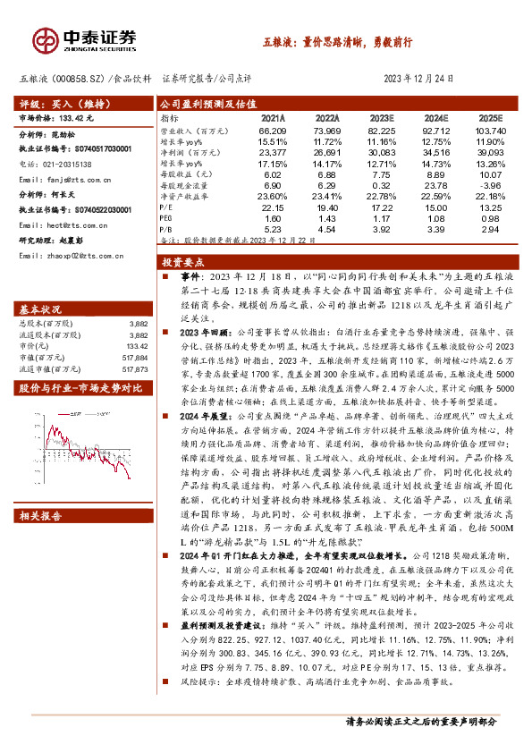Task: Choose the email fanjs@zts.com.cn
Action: (x=72, y=179)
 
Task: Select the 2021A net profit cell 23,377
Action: (x=273, y=153)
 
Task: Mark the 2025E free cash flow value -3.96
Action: (x=490, y=185)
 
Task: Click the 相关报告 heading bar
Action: (x=41, y=515)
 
